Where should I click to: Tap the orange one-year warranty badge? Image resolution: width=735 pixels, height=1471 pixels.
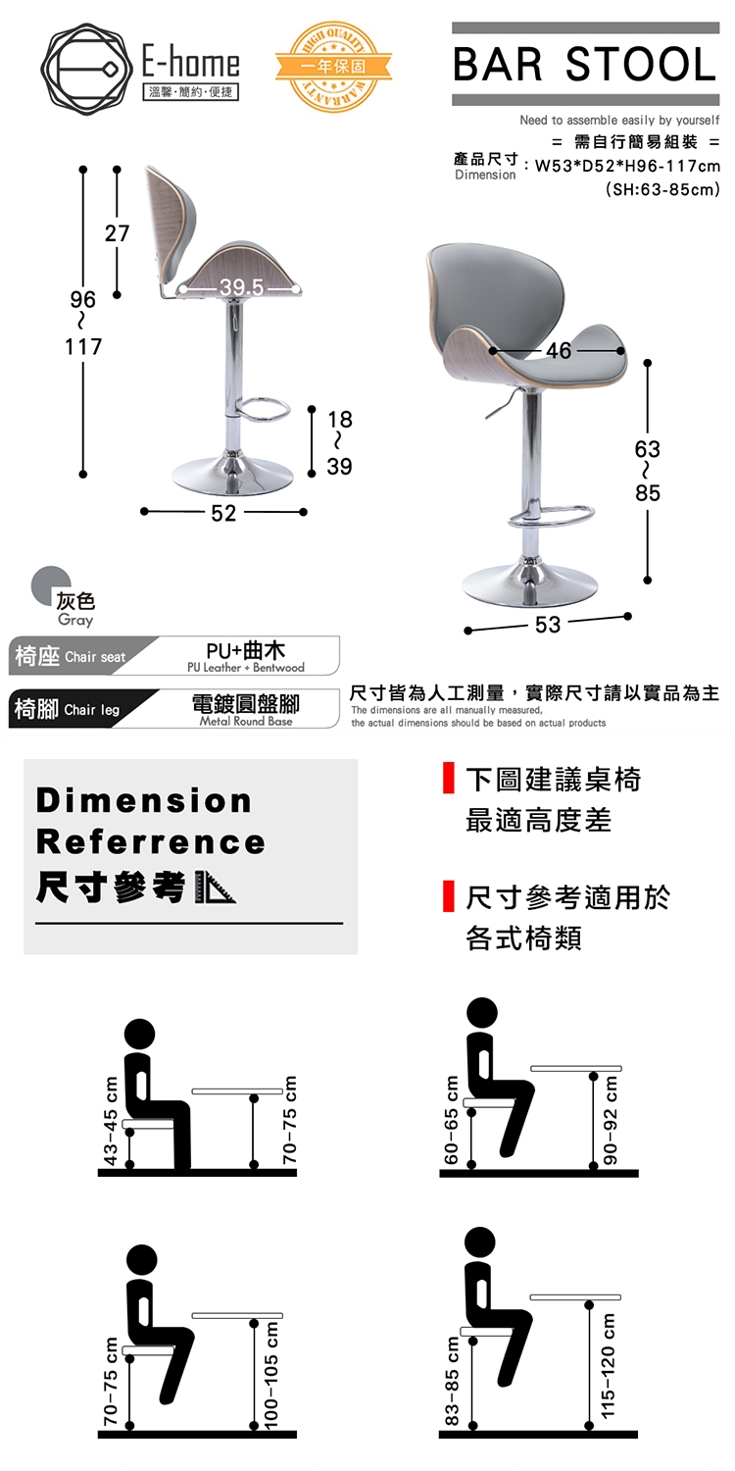333,67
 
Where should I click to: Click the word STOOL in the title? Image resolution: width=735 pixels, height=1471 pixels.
640,65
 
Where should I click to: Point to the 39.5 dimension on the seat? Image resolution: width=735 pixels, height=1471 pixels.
241,287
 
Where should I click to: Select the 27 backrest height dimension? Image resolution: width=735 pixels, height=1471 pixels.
117,233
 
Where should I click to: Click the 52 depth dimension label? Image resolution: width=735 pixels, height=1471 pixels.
223,513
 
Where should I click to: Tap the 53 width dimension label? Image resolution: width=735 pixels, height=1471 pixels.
548,625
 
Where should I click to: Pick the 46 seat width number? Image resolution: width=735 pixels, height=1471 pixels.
559,351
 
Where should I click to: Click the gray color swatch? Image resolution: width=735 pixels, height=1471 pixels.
50,583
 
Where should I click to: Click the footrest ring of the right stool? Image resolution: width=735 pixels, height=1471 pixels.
551,516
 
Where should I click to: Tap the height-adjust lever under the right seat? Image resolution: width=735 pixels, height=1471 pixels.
502,402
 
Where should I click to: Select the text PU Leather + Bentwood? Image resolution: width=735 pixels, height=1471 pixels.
246,668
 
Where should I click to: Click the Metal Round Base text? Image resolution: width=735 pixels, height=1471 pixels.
246,721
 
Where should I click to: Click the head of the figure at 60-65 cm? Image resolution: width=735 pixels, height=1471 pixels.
482,1012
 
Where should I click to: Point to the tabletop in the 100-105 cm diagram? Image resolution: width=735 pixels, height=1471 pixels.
237,1315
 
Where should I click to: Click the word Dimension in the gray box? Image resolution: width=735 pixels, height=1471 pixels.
144,800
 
